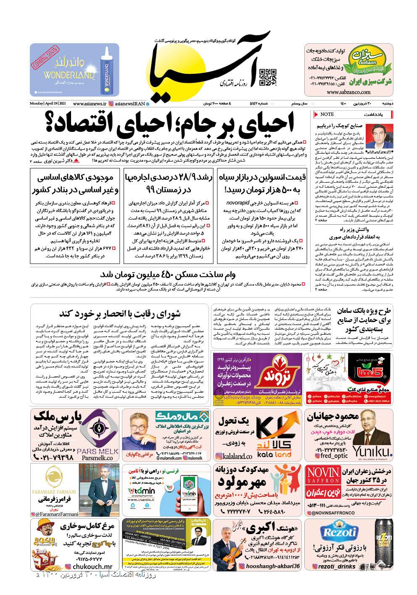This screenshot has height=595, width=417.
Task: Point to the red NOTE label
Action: (x=327, y=114)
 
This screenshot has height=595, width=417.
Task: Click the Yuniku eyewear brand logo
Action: (x=372, y=451)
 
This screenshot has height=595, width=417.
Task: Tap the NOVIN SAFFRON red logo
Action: (x=324, y=474)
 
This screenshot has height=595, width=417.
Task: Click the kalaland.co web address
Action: (x=235, y=456)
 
